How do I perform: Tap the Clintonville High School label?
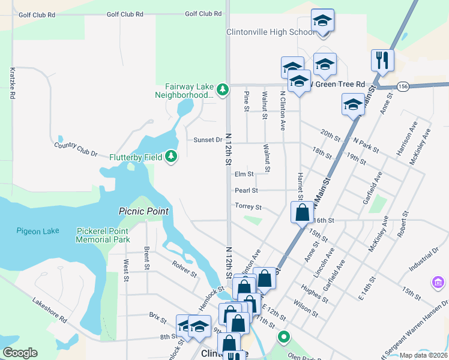(270, 32)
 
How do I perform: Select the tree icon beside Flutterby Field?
(172, 157)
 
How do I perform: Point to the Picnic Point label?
(143, 211)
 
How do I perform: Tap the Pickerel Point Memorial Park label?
(103, 235)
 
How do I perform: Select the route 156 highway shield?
(403, 86)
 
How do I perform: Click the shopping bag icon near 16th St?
(302, 212)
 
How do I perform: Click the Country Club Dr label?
(76, 149)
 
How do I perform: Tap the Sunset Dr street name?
(208, 140)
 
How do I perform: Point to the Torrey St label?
(248, 207)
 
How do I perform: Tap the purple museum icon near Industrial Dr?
(437, 281)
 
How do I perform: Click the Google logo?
(20, 353)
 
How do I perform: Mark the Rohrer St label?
(184, 269)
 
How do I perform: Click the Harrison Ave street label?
(406, 140)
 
